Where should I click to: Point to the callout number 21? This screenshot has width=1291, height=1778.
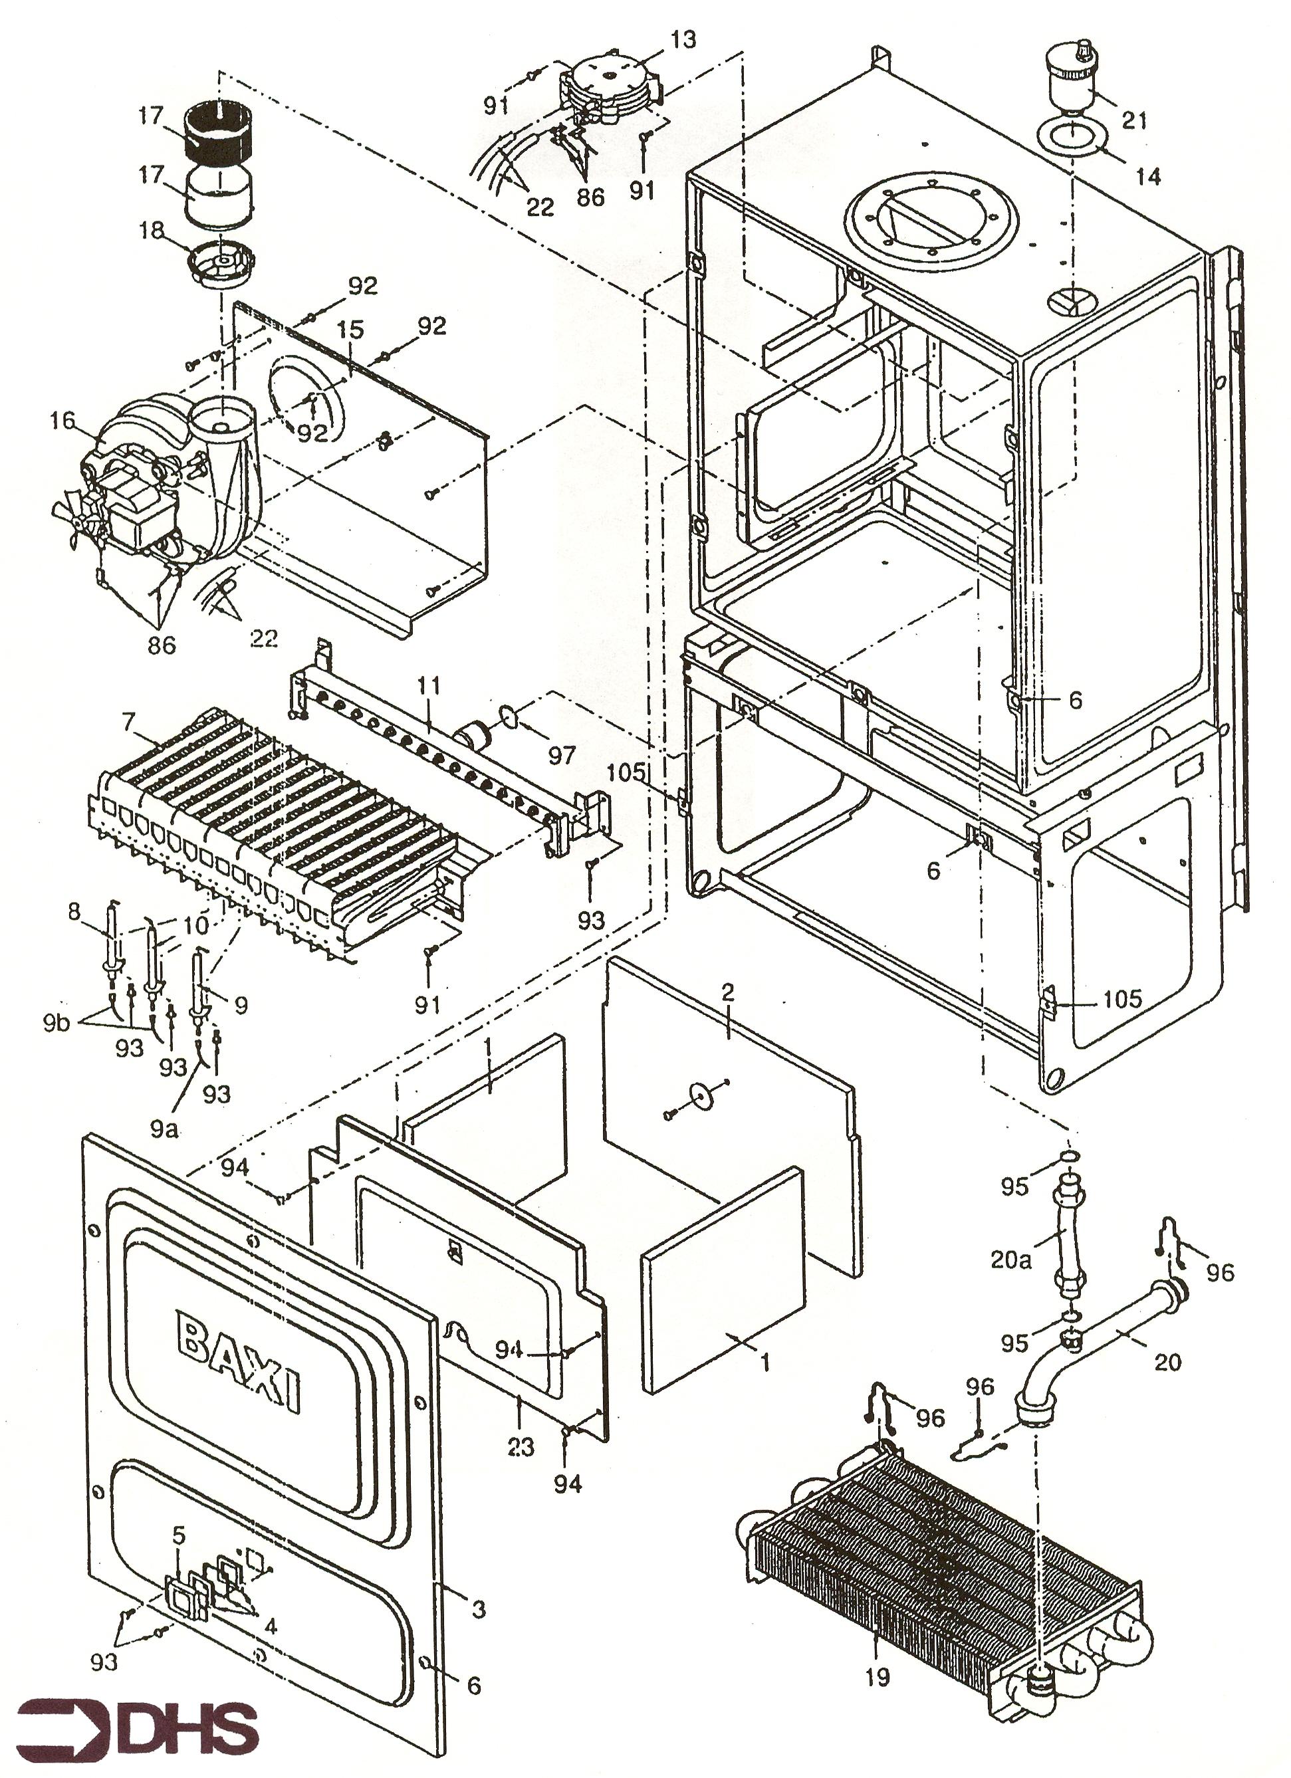(x=1134, y=120)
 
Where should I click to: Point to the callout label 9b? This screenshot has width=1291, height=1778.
(x=56, y=1022)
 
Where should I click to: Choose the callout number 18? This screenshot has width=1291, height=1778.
(x=152, y=231)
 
